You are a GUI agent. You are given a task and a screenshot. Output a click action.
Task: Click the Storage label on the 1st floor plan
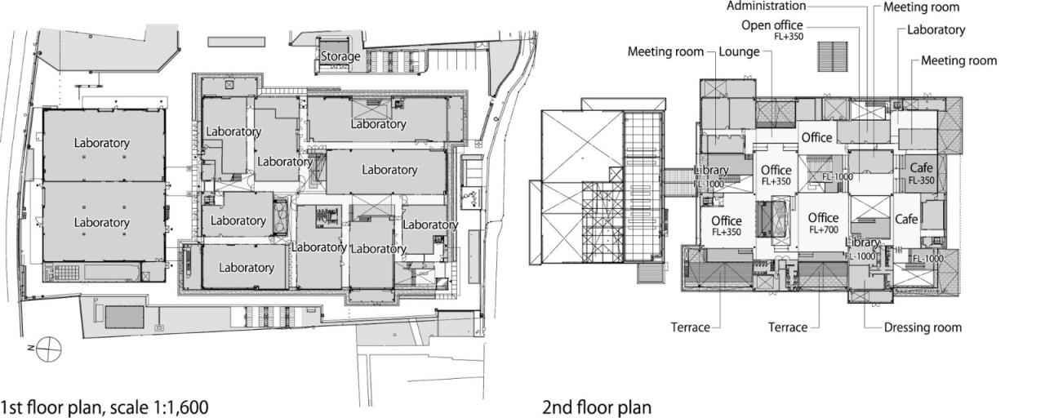click(x=340, y=56)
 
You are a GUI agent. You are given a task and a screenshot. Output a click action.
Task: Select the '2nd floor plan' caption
click(x=597, y=407)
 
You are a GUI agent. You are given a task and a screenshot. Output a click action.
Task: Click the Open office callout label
click(x=772, y=25)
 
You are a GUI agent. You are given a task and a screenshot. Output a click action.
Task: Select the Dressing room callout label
click(x=923, y=327)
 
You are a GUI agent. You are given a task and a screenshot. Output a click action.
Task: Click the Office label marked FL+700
click(x=823, y=218)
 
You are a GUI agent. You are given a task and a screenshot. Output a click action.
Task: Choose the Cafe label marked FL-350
click(x=921, y=167)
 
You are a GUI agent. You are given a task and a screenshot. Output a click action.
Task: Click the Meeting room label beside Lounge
click(x=665, y=52)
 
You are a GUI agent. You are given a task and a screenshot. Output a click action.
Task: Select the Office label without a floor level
click(x=816, y=138)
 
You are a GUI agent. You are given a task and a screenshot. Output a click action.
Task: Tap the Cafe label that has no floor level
click(x=906, y=220)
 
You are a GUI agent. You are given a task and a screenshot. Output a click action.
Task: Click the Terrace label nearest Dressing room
click(x=787, y=327)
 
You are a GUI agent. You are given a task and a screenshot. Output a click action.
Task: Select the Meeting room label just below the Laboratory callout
click(x=958, y=60)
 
